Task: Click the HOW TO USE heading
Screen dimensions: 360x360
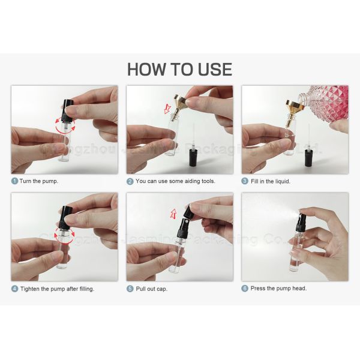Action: (179, 68)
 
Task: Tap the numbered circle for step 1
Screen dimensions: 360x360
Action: (14, 181)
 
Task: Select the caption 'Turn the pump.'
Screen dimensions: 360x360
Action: (40, 181)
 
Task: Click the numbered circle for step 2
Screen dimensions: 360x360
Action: (130, 181)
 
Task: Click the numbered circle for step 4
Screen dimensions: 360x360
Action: (14, 288)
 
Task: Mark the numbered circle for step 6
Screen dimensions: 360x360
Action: (245, 288)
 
